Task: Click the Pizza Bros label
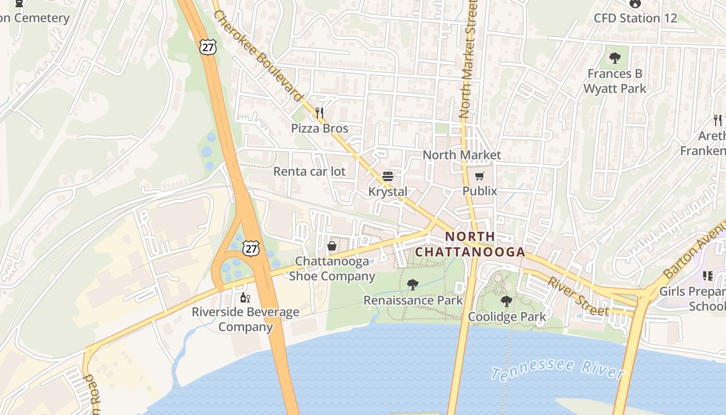tap(319, 128)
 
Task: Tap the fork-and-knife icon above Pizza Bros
tap(319, 112)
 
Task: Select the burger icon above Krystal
tap(388, 176)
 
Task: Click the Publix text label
tap(480, 191)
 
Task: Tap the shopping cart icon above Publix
tap(480, 176)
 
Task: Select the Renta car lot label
tap(309, 171)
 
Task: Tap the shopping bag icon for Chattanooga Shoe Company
tap(332, 246)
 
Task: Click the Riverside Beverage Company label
tap(245, 319)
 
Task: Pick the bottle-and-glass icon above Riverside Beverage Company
tap(245, 298)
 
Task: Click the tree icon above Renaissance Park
tap(413, 284)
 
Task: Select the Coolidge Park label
tap(507, 316)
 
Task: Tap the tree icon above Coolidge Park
tap(507, 301)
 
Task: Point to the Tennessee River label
tap(557, 369)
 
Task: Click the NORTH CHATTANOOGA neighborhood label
tap(470, 244)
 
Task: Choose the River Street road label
tap(578, 297)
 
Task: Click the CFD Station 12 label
tap(635, 18)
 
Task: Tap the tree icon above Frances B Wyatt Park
tap(615, 58)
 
